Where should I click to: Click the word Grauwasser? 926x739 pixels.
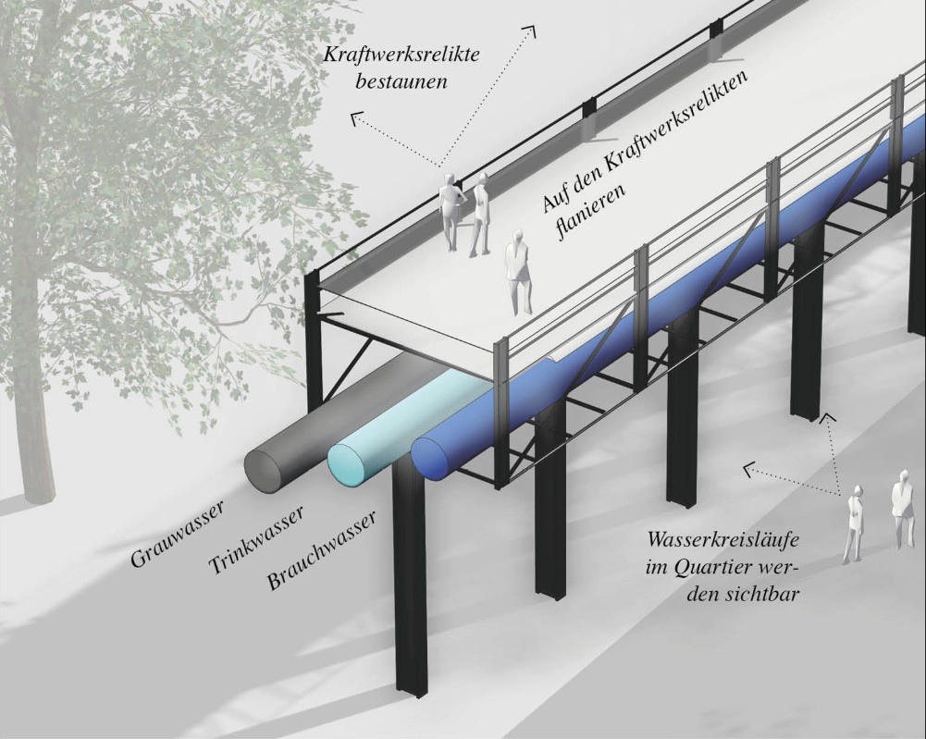[181, 531]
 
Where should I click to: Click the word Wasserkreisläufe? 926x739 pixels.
[722, 538]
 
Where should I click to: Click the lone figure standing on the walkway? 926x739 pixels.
[518, 272]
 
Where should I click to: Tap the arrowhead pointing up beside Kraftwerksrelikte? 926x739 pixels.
[530, 31]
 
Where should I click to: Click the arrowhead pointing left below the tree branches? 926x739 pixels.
[355, 117]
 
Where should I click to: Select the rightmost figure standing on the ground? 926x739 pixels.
[900, 508]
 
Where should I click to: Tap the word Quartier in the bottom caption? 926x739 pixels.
[721, 567]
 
